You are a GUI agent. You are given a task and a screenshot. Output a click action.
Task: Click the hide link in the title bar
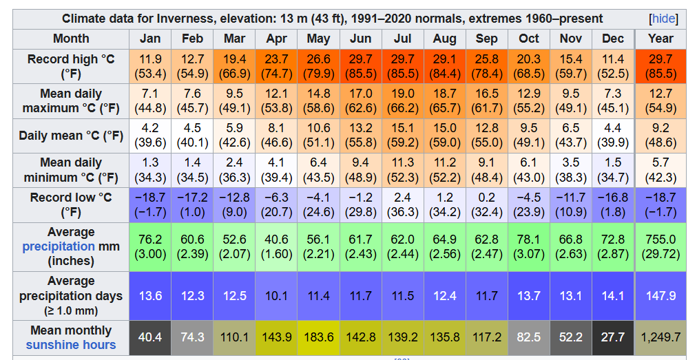click(x=663, y=19)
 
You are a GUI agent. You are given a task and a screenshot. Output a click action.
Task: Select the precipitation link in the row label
click(x=59, y=246)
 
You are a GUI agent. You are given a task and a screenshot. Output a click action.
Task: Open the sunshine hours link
click(x=71, y=345)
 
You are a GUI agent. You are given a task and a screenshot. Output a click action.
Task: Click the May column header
click(x=318, y=39)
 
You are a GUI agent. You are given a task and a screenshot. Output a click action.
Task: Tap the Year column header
click(x=660, y=39)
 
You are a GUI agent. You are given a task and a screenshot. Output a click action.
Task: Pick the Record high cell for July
click(x=402, y=66)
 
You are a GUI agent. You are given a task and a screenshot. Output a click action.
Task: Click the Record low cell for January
click(x=150, y=204)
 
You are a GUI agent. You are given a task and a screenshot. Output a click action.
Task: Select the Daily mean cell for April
click(x=276, y=135)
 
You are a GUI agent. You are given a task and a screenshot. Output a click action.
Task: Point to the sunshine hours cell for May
click(x=318, y=337)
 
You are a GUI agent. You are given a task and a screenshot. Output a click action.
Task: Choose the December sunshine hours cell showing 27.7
click(x=612, y=337)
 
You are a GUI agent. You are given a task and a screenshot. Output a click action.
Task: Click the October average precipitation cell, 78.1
click(x=529, y=246)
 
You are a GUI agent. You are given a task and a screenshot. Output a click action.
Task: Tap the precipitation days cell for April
click(x=276, y=296)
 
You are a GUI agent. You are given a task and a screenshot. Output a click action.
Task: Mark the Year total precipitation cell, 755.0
click(x=660, y=246)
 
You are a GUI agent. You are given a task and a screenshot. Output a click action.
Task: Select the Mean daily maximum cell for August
click(x=444, y=100)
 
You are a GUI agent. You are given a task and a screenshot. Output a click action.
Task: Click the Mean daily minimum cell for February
click(x=192, y=169)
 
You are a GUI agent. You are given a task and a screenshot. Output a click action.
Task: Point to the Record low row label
click(x=71, y=204)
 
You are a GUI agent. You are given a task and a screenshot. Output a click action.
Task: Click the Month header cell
click(x=71, y=39)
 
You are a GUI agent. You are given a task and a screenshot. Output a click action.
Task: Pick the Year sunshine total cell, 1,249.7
click(x=660, y=337)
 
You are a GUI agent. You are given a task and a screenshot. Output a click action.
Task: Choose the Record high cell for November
click(x=571, y=66)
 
